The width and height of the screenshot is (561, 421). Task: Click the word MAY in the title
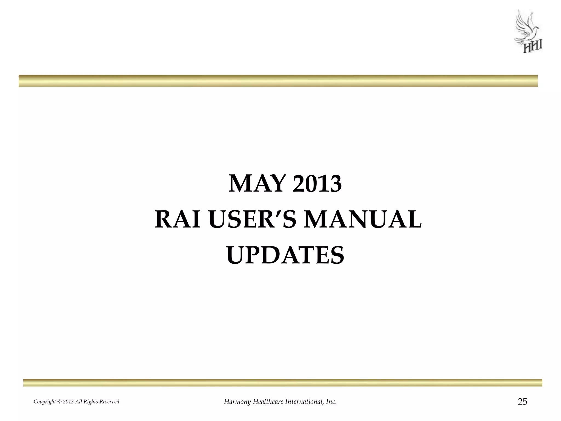pyautogui.click(x=257, y=184)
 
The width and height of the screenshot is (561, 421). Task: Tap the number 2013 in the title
pyautogui.click(x=317, y=184)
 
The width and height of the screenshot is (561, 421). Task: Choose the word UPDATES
pyautogui.click(x=285, y=255)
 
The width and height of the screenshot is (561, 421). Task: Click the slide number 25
pyautogui.click(x=522, y=402)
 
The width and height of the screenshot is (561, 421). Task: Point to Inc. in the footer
pyautogui.click(x=331, y=402)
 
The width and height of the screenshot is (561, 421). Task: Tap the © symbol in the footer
pyautogui.click(x=59, y=402)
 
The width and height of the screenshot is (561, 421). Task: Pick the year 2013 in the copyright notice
pyautogui.click(x=68, y=402)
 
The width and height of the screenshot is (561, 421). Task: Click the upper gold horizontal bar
pyautogui.click(x=278, y=81)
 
